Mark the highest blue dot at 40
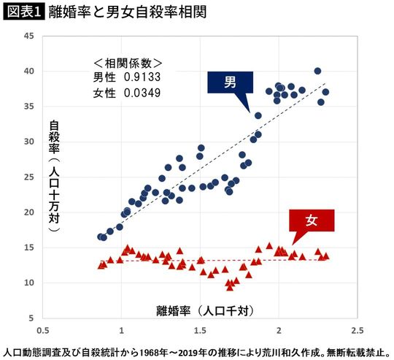point(317,71)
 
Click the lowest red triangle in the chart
point(230,287)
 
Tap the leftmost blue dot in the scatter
point(101,237)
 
